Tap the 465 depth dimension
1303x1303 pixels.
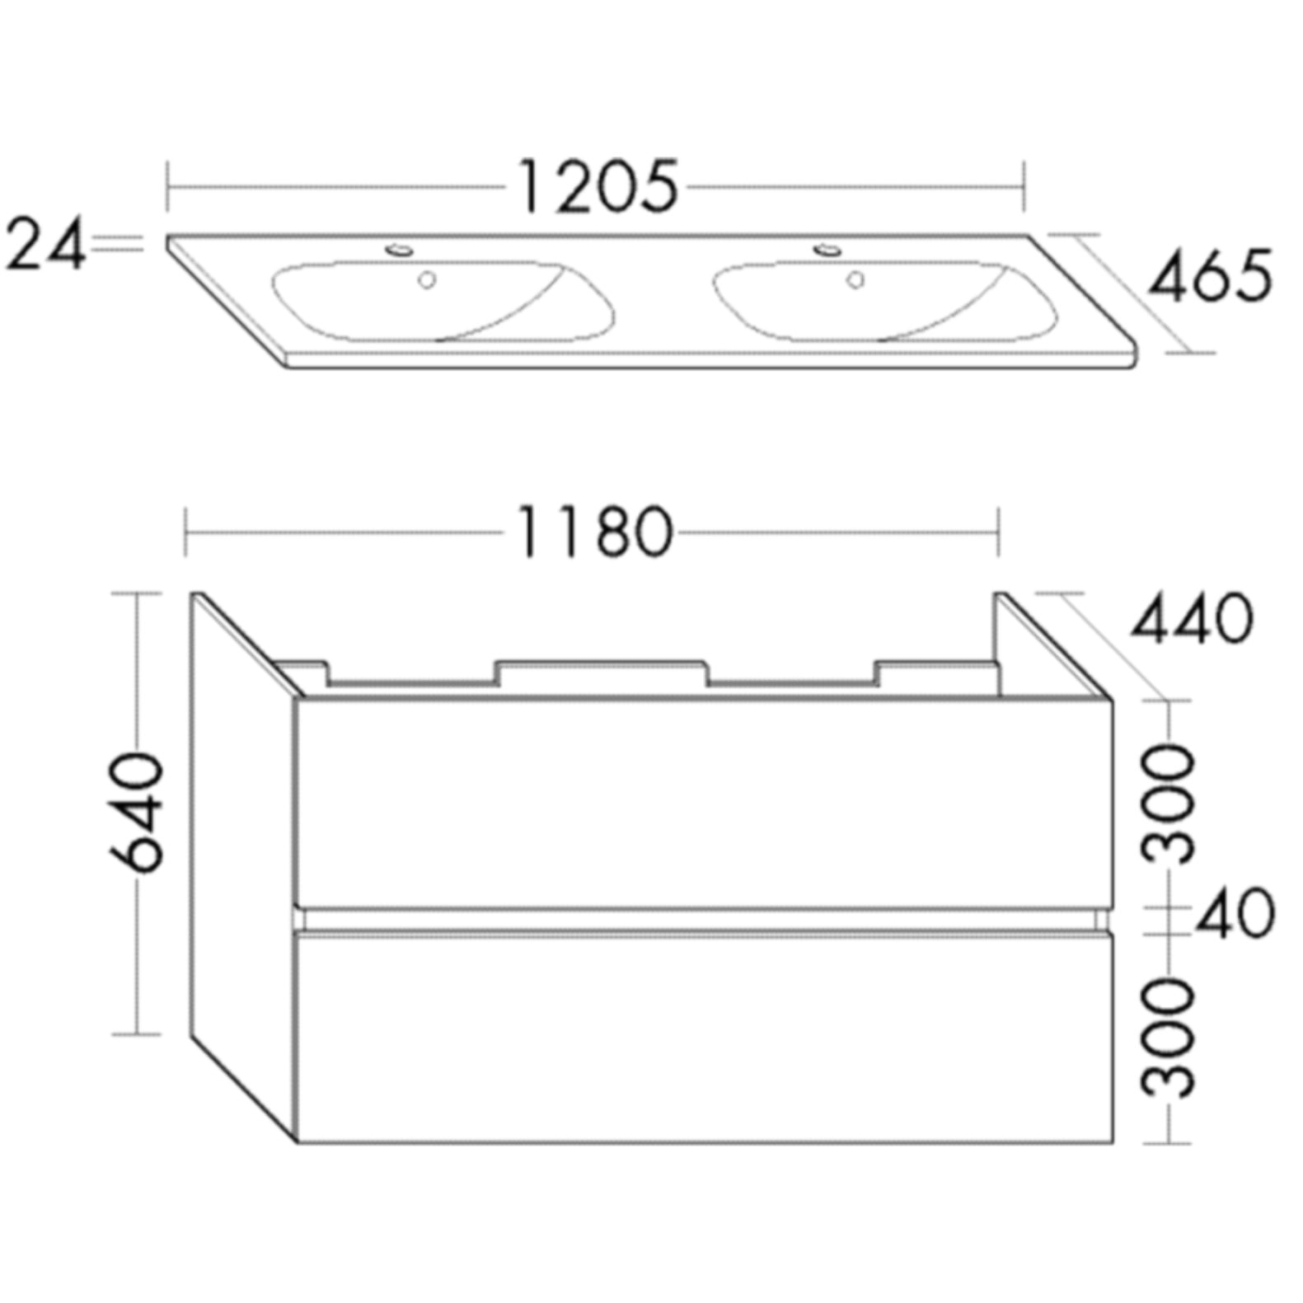[1210, 275]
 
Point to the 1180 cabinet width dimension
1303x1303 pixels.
[594, 533]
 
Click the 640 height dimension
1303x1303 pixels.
[137, 811]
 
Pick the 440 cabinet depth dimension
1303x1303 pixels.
[1192, 620]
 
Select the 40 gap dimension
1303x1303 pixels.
[1234, 914]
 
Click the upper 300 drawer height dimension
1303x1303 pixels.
[1169, 804]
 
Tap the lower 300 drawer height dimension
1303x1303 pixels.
[1169, 1038]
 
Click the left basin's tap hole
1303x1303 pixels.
[401, 248]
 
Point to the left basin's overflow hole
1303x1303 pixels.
[426, 280]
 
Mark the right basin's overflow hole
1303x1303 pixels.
[855, 280]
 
